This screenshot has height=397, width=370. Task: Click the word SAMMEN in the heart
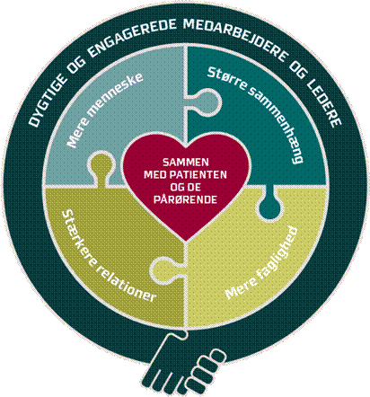[186, 162]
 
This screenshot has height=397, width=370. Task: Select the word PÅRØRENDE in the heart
[185, 199]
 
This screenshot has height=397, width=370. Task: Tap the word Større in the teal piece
[227, 78]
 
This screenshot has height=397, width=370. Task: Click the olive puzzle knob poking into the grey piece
[101, 167]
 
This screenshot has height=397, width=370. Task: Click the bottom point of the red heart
[186, 241]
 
